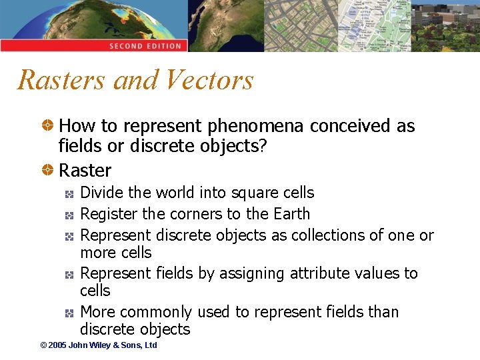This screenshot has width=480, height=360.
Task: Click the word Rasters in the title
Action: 62,80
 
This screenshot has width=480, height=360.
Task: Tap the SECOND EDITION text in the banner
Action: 145,46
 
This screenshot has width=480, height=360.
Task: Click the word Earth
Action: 291,214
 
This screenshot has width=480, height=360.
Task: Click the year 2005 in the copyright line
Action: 58,345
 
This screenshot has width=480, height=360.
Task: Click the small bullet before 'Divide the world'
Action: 69,193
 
